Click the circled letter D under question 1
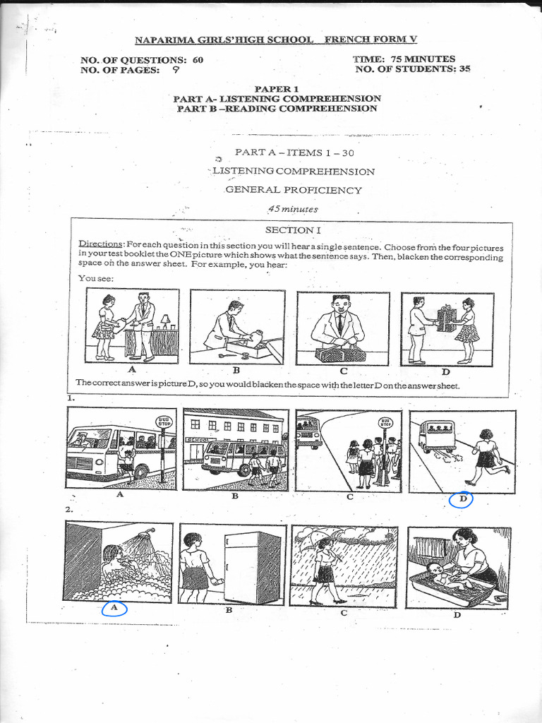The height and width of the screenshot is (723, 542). [x=462, y=500]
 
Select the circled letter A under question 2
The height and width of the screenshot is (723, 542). [x=114, y=607]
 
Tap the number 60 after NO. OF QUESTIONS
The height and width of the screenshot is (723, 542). [x=197, y=60]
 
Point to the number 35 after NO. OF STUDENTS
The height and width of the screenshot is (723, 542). [x=462, y=69]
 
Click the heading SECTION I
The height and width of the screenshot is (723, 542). [x=288, y=230]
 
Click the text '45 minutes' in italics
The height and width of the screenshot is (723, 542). [x=292, y=209]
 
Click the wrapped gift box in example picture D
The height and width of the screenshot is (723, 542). [x=446, y=319]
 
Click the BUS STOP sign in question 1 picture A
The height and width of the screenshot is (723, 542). [x=164, y=422]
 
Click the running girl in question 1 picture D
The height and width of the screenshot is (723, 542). [x=487, y=457]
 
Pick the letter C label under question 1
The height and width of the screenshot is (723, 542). [x=349, y=496]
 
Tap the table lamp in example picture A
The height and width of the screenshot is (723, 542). [x=165, y=321]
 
